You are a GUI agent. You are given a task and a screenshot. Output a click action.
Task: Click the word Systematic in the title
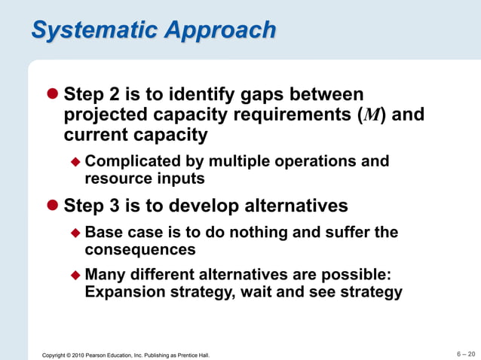pos(101,30)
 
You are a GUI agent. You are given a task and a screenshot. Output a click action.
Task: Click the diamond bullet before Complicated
pos(75,162)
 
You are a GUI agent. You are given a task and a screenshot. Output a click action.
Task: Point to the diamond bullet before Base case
pos(75,233)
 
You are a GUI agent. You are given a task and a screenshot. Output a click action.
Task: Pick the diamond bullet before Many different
pos(75,275)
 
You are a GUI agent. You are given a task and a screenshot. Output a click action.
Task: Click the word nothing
pos(258,232)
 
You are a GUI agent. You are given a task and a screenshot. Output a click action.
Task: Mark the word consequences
pos(140,249)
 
